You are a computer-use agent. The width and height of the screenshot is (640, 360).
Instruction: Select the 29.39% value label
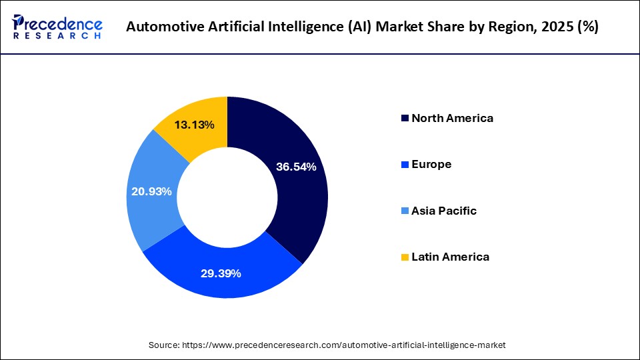click(221, 273)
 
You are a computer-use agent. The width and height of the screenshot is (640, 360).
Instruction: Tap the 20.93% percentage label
click(152, 191)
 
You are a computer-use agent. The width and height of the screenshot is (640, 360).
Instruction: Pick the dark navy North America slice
click(293, 200)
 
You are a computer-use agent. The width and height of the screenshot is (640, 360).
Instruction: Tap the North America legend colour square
click(405, 119)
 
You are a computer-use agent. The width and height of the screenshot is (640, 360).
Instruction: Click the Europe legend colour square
click(405, 165)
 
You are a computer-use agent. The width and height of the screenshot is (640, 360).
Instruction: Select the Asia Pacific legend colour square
click(405, 211)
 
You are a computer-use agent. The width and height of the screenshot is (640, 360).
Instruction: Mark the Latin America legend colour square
click(405, 257)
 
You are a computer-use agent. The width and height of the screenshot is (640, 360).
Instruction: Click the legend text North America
click(452, 119)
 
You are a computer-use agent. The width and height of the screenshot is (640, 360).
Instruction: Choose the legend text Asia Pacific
click(444, 211)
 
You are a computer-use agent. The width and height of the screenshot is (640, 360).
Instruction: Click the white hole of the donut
click(227, 197)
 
